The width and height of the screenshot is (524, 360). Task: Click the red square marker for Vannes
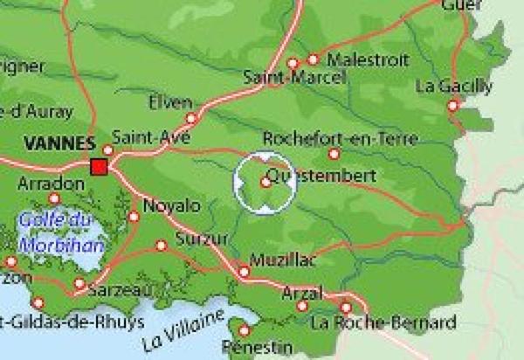pyautogui.click(x=99, y=166)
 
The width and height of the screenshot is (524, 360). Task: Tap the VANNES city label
pyautogui.click(x=59, y=143)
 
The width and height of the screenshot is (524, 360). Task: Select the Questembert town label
pyautogui.click(x=322, y=177)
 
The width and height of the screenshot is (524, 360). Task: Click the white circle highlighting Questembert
pyautogui.click(x=265, y=182)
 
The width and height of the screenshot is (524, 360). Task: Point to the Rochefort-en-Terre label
pyautogui.click(x=328, y=138)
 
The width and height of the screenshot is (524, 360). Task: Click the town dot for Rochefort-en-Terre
pyautogui.click(x=334, y=154)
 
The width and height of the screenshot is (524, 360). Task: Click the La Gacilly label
pyautogui.click(x=454, y=87)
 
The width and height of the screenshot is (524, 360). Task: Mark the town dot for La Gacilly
pyautogui.click(x=452, y=105)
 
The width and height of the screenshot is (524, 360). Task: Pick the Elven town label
pyautogui.click(x=170, y=102)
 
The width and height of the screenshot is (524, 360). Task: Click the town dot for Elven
pyautogui.click(x=191, y=118)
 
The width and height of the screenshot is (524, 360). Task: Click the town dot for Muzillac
pyautogui.click(x=244, y=272)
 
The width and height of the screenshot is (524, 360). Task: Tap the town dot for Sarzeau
pyautogui.click(x=79, y=283)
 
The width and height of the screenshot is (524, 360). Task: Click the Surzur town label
pyautogui.click(x=202, y=239)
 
